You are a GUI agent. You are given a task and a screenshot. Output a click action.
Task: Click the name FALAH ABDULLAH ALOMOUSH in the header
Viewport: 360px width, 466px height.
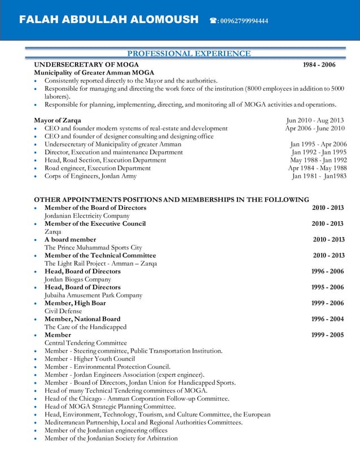click(109, 20)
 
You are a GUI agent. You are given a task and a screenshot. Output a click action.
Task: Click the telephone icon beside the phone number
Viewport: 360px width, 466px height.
click(213, 21)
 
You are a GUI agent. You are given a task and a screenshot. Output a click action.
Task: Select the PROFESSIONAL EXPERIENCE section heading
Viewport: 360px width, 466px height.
click(189, 54)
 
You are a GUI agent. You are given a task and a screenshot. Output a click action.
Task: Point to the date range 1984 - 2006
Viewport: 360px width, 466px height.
click(319, 65)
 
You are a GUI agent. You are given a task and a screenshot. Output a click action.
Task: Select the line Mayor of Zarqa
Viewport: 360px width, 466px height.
click(58, 120)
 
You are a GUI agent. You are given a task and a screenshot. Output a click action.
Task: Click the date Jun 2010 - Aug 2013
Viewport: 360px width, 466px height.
click(315, 120)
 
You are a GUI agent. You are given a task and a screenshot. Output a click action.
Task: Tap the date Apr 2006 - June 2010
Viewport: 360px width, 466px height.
click(314, 128)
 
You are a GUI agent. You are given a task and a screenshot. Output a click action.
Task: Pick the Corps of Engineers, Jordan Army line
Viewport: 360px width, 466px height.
click(90, 176)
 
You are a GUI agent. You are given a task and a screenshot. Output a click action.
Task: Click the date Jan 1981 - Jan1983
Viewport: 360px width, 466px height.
click(319, 176)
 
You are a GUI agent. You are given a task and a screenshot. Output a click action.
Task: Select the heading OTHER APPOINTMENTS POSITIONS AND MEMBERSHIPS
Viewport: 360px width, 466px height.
click(172, 199)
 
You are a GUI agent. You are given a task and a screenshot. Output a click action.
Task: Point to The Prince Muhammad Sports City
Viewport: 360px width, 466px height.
click(93, 247)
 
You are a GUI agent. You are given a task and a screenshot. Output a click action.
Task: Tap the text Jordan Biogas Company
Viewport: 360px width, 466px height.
click(78, 279)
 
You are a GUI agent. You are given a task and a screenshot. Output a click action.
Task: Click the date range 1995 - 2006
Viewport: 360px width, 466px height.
click(327, 287)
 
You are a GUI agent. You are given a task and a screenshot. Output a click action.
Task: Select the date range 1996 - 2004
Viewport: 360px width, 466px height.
click(327, 319)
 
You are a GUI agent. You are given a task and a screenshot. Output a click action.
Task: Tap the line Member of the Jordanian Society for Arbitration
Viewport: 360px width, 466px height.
click(111, 438)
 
